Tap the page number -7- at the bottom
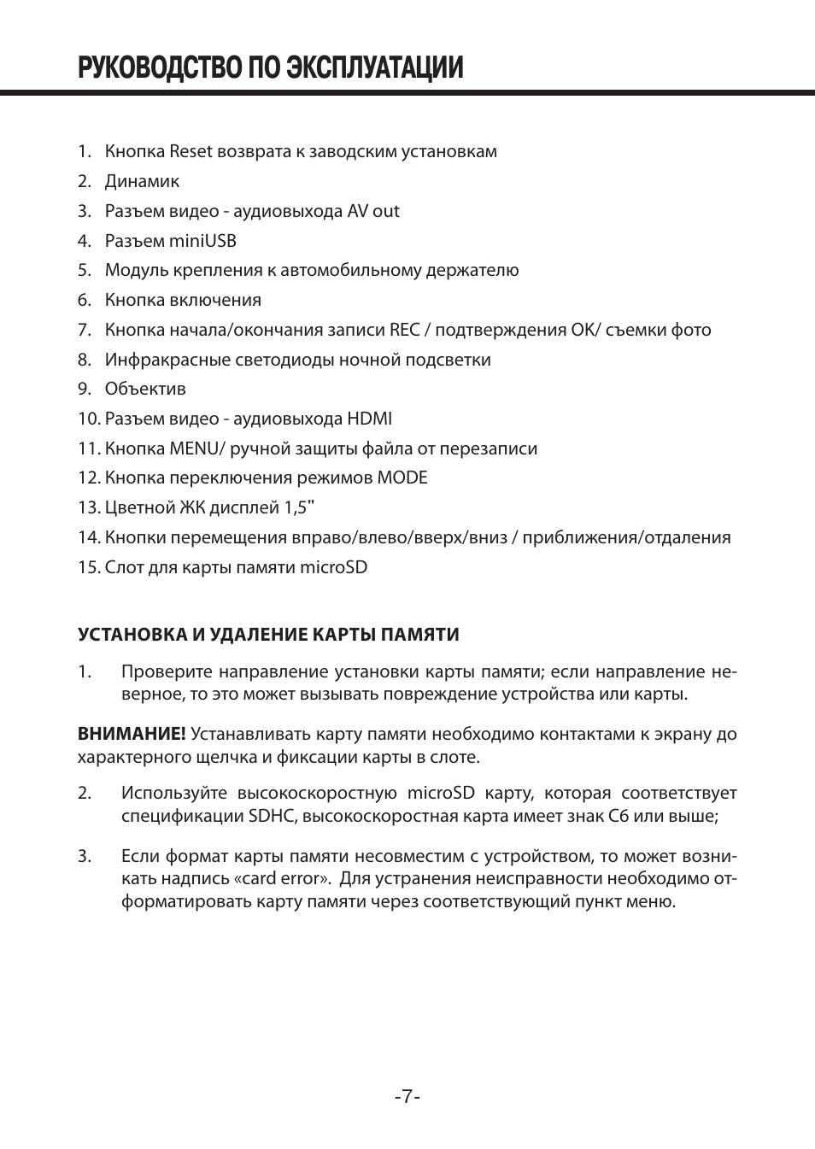click(407, 1096)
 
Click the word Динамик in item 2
click(142, 181)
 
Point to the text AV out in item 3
click(373, 211)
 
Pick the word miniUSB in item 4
click(202, 241)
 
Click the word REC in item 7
click(405, 330)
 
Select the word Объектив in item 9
click(145, 389)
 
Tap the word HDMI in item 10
click(369, 419)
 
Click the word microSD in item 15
click(333, 567)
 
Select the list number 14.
click(89, 537)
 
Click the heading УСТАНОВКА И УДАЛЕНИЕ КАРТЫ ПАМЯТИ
click(268, 635)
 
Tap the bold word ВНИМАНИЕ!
click(132, 734)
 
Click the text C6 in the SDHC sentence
click(618, 816)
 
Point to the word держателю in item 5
click(477, 270)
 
